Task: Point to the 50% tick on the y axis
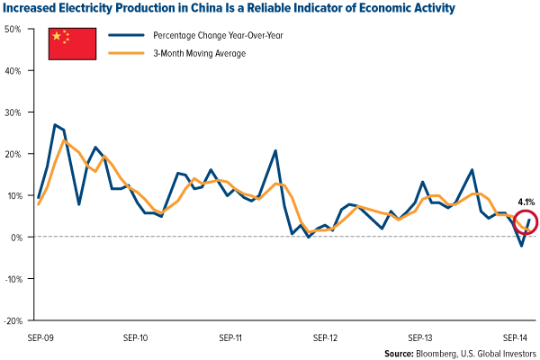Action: tap(13, 29)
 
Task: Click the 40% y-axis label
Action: tap(13, 70)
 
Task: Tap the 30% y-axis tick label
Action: tap(13, 112)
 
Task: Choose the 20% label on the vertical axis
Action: tap(13, 154)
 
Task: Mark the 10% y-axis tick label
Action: tap(13, 195)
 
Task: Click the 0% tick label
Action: tap(16, 237)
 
